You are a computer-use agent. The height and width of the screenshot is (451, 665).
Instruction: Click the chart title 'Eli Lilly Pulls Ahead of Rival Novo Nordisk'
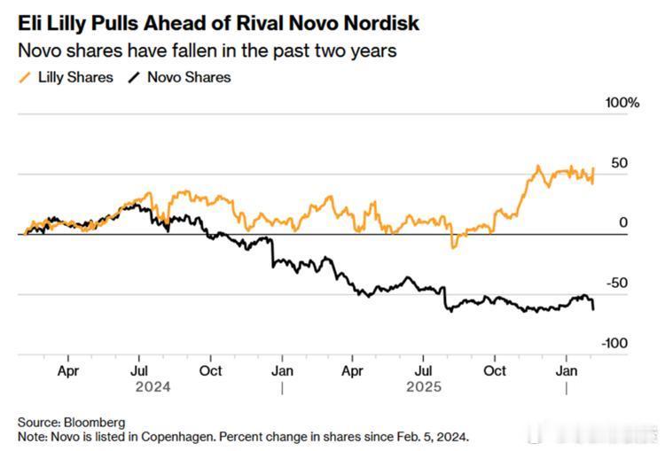(x=219, y=22)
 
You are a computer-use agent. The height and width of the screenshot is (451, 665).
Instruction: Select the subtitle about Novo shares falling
(x=207, y=51)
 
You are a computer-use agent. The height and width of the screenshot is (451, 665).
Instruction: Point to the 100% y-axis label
(x=622, y=103)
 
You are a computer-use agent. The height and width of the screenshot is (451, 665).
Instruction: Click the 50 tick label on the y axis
(x=619, y=163)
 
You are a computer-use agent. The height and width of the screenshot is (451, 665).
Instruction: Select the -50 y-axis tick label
(x=616, y=283)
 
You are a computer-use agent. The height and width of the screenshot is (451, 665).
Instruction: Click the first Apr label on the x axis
(x=68, y=371)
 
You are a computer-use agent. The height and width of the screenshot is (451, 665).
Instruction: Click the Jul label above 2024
(x=140, y=371)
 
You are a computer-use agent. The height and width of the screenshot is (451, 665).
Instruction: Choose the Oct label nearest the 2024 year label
(x=211, y=371)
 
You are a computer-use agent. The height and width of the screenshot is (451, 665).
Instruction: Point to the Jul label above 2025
(x=425, y=371)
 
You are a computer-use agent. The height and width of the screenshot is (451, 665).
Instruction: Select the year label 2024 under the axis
(x=153, y=387)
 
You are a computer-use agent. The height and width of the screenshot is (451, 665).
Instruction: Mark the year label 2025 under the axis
(x=423, y=387)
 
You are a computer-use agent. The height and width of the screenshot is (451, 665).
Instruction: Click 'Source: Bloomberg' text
(x=72, y=422)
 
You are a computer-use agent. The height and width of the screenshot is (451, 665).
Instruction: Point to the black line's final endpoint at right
(x=593, y=308)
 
